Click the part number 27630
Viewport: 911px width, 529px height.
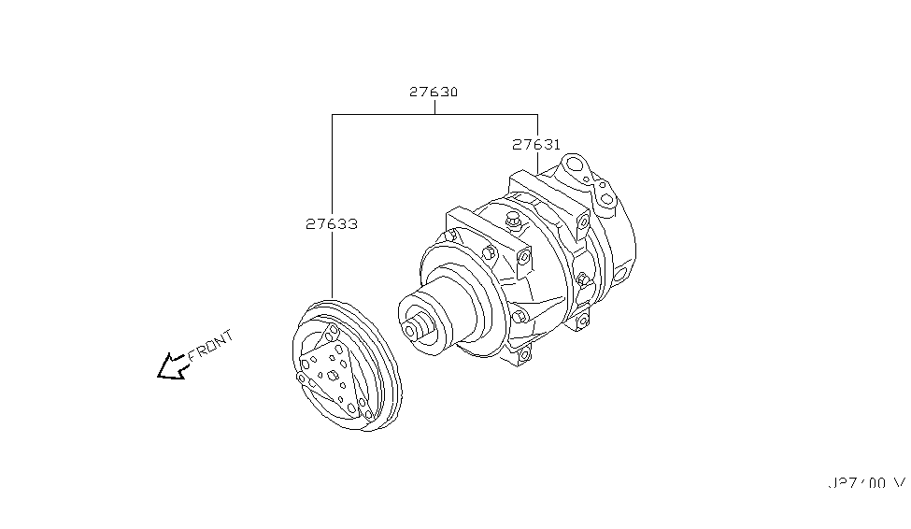(433, 93)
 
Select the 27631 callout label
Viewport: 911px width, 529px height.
(536, 145)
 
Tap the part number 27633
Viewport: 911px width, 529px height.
(332, 224)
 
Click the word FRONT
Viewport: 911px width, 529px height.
(210, 346)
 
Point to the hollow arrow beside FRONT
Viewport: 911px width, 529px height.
(171, 367)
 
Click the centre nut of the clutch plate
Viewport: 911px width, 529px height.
(333, 375)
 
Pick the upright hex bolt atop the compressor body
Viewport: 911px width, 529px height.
(511, 222)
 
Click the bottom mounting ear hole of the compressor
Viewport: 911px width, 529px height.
(522, 353)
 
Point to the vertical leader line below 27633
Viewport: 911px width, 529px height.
(332, 266)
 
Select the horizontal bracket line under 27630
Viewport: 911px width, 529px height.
(434, 115)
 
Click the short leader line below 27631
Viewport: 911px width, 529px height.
(537, 162)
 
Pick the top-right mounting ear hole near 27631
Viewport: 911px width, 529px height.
(583, 221)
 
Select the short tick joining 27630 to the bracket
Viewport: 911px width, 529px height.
(434, 107)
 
